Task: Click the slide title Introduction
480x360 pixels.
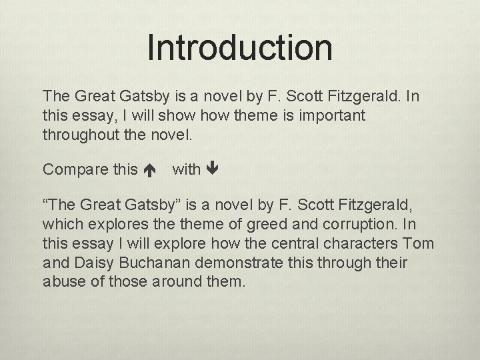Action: (x=239, y=47)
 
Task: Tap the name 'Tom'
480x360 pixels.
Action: (x=419, y=243)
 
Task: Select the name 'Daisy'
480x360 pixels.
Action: (x=88, y=262)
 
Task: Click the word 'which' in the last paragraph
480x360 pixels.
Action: (x=60, y=225)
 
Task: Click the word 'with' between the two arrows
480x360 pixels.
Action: (x=186, y=170)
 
